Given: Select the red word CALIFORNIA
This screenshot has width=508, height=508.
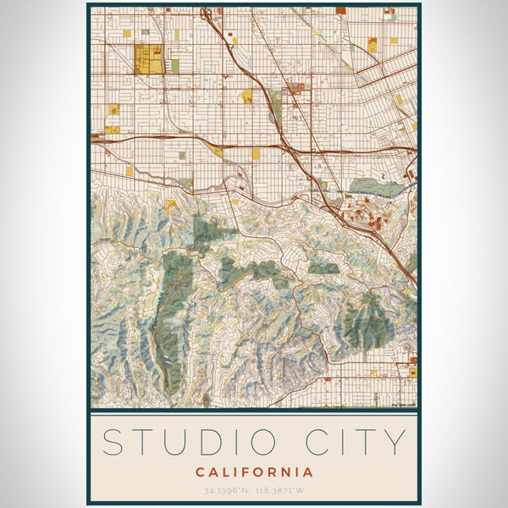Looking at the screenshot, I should (254, 472).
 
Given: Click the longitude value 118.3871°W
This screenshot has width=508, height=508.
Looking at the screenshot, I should (280, 490).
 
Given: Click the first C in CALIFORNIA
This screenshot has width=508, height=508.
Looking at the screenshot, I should (200, 472).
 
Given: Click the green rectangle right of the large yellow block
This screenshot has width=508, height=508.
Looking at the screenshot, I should (174, 64).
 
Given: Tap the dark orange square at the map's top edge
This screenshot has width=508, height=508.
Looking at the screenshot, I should (340, 10).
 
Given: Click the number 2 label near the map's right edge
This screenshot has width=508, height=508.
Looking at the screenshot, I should (383, 176).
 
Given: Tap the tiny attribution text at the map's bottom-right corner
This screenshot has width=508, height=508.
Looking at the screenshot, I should (403, 405).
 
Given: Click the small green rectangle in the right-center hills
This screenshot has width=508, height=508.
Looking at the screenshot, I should (323, 268).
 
